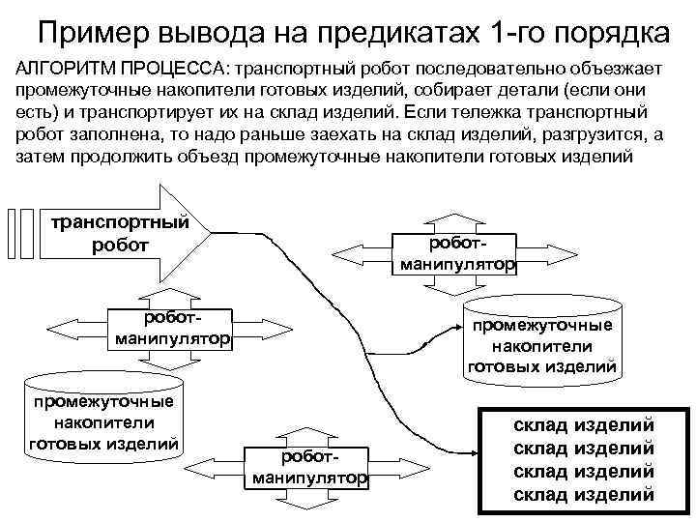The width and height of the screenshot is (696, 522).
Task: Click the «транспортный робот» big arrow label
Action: [119, 233]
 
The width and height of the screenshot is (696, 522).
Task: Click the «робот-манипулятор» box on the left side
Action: [170, 330]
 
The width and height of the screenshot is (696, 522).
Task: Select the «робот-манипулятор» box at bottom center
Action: [309, 468]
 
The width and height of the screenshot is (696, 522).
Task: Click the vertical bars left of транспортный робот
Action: [19, 233]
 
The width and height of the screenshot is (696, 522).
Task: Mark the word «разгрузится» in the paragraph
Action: [573, 134]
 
